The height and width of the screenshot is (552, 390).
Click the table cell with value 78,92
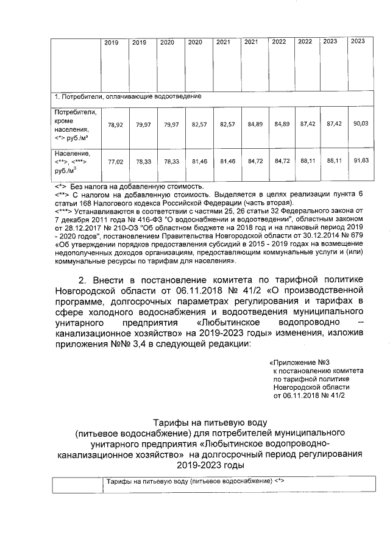point(115,124)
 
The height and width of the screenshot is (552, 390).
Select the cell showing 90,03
point(358,124)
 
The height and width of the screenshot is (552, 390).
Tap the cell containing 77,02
point(115,162)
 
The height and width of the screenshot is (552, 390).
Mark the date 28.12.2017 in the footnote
point(86,226)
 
